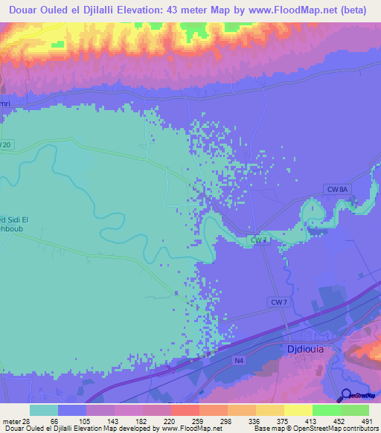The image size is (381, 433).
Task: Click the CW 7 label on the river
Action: coord(258,240)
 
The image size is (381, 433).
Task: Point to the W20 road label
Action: coord(6,144)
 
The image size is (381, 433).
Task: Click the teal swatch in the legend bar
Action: coord(44,410)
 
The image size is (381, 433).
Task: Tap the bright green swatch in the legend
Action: coord(326,410)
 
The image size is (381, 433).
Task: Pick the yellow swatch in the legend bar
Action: coord(298,410)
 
